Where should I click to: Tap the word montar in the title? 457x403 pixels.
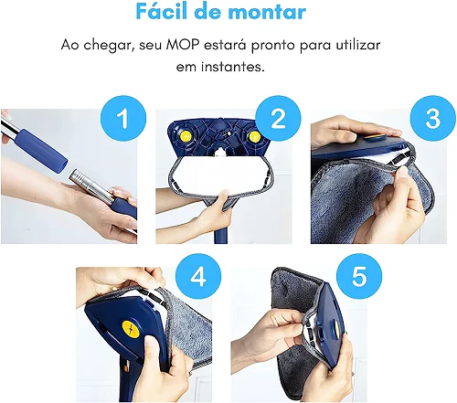(x=267, y=12)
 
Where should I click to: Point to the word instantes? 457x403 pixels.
(x=231, y=67)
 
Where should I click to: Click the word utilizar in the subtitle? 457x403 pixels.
(x=358, y=45)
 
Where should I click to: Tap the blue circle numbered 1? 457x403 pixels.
(x=123, y=118)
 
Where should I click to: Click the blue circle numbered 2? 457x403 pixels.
(x=278, y=118)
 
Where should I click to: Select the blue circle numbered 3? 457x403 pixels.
(x=432, y=118)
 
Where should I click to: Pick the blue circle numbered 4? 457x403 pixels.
(x=198, y=276)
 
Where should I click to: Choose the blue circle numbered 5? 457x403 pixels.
(x=359, y=276)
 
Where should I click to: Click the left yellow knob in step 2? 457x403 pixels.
(x=185, y=137)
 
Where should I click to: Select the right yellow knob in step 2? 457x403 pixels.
(x=254, y=137)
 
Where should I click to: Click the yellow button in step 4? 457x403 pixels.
(x=131, y=329)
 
